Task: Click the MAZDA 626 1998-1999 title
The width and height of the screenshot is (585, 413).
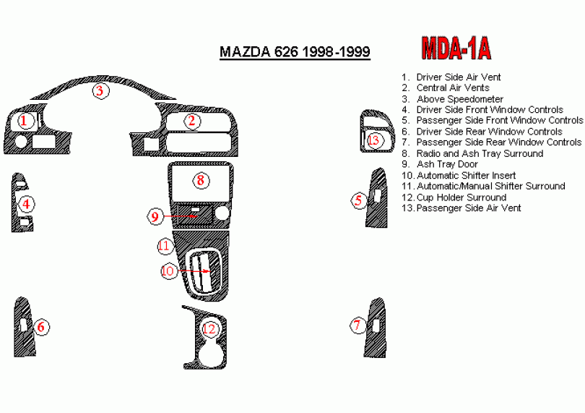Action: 295,52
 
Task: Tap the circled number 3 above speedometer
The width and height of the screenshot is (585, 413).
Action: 100,90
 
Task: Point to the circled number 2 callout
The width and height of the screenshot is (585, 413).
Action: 191,121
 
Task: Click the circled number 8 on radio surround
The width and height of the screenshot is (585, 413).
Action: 200,180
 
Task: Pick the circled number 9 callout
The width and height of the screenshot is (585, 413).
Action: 155,216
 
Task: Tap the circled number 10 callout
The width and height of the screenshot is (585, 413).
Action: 168,271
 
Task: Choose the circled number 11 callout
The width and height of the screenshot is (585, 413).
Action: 164,246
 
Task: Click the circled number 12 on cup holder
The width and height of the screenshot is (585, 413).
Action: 209,329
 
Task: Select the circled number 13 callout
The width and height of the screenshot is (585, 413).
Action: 373,140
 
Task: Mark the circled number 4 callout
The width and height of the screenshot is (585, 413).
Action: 25,204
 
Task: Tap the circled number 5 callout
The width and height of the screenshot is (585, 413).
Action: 359,200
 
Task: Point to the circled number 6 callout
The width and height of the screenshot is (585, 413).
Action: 41,327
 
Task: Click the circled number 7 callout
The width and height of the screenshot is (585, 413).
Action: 357,325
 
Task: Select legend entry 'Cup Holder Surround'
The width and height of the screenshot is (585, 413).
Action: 461,197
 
